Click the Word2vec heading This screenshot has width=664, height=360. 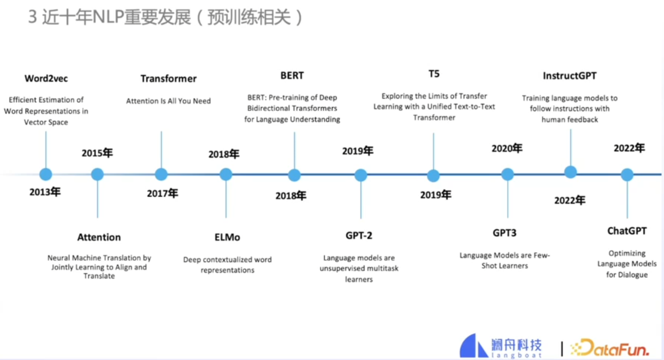(46, 79)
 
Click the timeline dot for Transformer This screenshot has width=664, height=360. (161, 174)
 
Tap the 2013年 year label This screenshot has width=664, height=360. (44, 192)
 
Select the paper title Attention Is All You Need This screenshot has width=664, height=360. (168, 101)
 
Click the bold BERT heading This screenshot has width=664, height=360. (292, 76)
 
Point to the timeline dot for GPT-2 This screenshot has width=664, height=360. (361, 175)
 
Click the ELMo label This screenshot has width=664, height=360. (227, 237)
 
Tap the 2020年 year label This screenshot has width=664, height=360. (507, 148)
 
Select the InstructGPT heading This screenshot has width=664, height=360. (570, 76)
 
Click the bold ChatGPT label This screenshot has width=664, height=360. (627, 231)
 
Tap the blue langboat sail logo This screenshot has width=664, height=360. (474, 346)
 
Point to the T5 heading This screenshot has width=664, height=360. (434, 74)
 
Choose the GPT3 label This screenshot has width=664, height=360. (504, 233)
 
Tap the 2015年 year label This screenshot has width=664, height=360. (97, 153)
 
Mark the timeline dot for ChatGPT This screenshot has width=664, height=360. (627, 175)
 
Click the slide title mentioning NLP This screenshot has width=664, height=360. (165, 18)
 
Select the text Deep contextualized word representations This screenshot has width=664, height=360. (227, 265)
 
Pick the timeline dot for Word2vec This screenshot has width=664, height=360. (45, 174)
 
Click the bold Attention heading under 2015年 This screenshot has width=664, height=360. (99, 237)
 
